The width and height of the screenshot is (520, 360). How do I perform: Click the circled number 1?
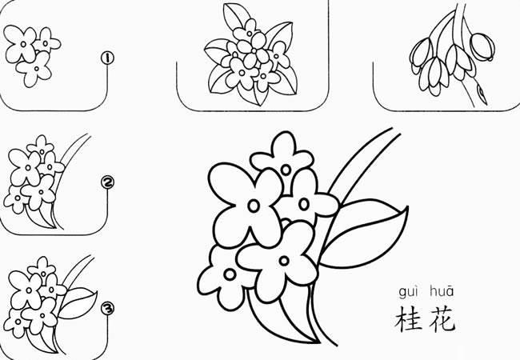(x=106, y=58)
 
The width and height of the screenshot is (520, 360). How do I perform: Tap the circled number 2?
(x=108, y=183)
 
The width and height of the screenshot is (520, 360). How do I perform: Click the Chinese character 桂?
(x=407, y=318)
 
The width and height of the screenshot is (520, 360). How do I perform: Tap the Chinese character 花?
(x=442, y=318)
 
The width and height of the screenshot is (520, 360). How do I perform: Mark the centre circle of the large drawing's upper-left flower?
(x=253, y=206)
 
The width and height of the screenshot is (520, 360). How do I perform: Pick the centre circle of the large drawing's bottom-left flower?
(x=230, y=274)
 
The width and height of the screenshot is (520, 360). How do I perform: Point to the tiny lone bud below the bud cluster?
(x=482, y=94)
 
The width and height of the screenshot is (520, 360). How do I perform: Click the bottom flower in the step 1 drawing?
(x=33, y=72)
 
